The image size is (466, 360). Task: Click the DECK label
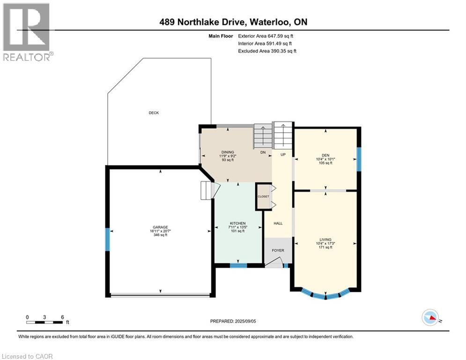pyautogui.click(x=154, y=113)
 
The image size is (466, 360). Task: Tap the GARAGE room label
pyautogui.click(x=160, y=227)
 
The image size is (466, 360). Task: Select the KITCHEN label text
pyautogui.click(x=238, y=223)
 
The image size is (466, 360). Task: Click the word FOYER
pyautogui.click(x=278, y=250)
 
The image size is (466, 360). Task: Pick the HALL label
pyautogui.click(x=278, y=224)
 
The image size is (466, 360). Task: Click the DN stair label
pyautogui.click(x=263, y=152)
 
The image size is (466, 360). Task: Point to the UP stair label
pyautogui.click(x=283, y=154)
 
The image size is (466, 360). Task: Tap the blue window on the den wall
pyautogui.click(x=359, y=159)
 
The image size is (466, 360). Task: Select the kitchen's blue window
pyautogui.click(x=238, y=266)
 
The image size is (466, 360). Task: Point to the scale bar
pyautogui.click(x=45, y=322)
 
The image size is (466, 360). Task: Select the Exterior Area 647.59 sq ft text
pyautogui.click(x=266, y=36)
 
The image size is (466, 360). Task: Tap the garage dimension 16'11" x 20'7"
pyautogui.click(x=160, y=231)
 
